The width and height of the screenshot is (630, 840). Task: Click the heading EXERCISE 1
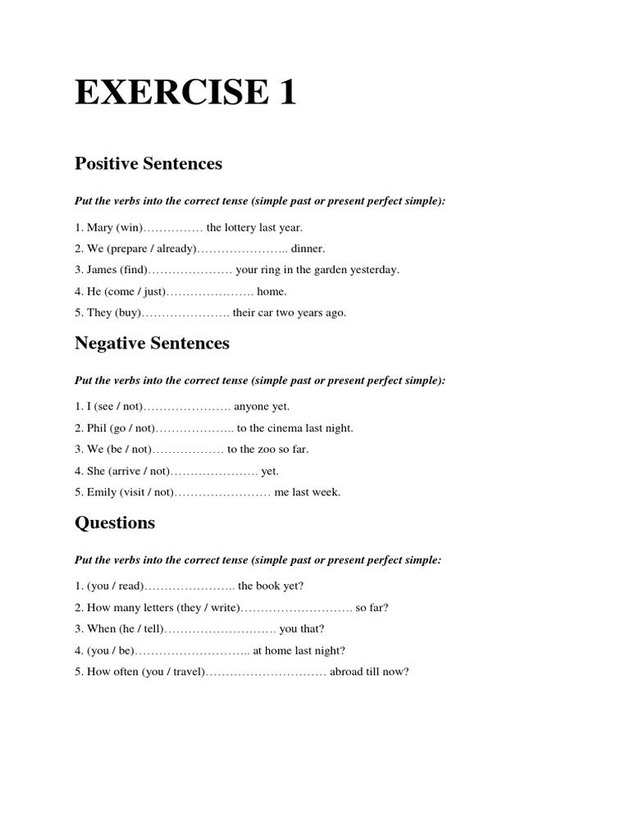pos(185,94)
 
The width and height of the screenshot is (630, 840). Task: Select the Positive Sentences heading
pos(148,163)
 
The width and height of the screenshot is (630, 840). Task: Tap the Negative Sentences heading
pos(152,343)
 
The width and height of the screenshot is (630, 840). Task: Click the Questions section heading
pos(115,523)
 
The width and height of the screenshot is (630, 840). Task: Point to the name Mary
pos(99,227)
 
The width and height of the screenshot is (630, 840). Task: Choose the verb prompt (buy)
pos(128,313)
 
